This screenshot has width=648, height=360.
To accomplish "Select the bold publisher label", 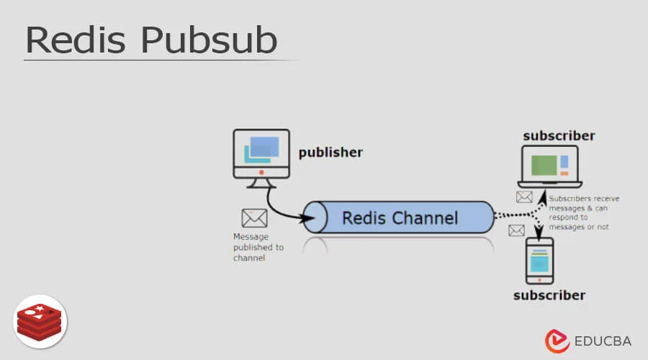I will tap(330, 153).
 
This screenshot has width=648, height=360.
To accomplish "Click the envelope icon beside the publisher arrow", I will tap(254, 217).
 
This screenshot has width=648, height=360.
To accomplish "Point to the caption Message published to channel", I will tap(258, 247).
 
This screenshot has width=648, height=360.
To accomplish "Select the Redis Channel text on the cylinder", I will tap(400, 217).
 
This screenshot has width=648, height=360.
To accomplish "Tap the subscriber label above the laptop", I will tap(559, 135).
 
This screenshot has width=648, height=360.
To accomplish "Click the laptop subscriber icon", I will tap(549, 167).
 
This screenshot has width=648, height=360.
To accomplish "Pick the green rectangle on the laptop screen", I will tap(544, 166).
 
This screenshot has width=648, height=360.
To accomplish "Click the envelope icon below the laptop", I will tap(524, 197).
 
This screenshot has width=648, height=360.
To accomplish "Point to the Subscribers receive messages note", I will tap(583, 212).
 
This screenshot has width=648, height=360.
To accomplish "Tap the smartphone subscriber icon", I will tap(540, 261).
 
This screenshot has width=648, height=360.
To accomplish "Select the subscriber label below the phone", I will tap(549, 295).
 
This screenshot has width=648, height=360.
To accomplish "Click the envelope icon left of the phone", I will tap(516, 230).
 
